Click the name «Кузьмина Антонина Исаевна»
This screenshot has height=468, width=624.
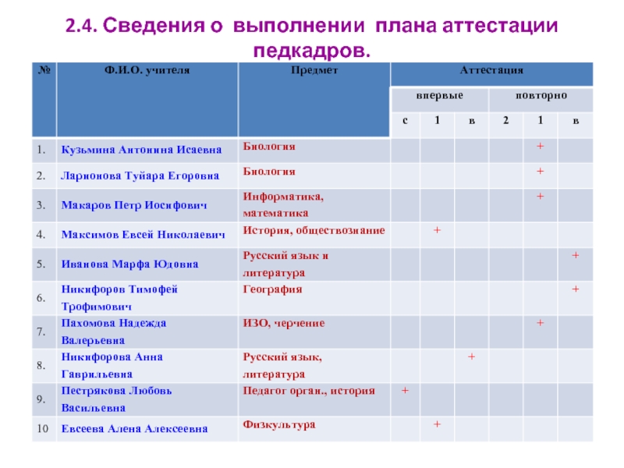(x=140, y=149)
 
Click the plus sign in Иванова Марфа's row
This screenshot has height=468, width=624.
(x=575, y=255)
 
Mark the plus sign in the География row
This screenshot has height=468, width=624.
(x=575, y=289)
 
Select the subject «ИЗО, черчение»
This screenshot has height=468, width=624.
(x=284, y=323)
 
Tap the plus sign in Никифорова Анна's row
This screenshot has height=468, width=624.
(x=471, y=356)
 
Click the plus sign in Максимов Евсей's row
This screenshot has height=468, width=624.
(x=438, y=230)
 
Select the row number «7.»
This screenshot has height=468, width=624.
(x=41, y=331)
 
